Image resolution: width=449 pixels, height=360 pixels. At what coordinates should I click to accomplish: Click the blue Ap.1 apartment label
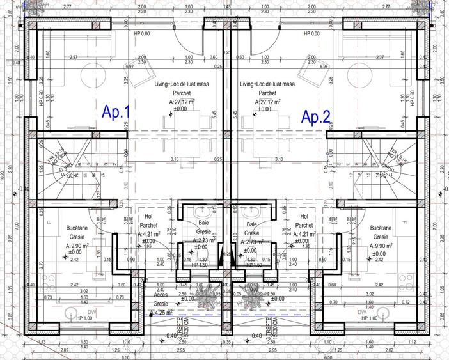click(116, 112)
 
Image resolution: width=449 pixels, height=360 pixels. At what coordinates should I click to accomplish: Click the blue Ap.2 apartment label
click(316, 116)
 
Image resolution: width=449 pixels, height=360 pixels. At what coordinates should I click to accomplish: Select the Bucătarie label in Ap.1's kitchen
click(77, 228)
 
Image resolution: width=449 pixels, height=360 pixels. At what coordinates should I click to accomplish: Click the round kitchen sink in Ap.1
click(72, 311)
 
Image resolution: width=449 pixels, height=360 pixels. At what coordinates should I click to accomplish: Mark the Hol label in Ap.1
click(149, 217)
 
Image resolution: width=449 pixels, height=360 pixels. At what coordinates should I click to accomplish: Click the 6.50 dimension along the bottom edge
click(126, 357)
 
